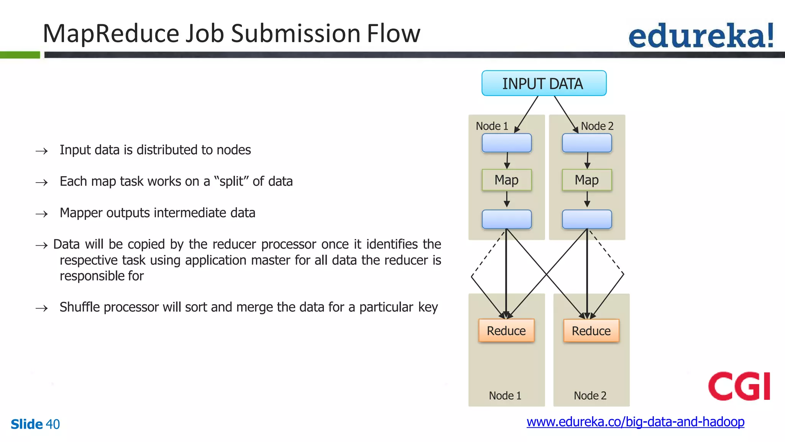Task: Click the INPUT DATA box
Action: [544, 83]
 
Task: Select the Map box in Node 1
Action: [506, 180]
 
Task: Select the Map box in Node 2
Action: [586, 180]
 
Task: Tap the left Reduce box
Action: [506, 330]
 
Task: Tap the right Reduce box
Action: [591, 331]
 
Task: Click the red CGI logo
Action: [739, 386]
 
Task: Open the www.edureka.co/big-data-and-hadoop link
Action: [635, 422]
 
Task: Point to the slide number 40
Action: [53, 424]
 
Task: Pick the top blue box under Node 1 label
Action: [506, 143]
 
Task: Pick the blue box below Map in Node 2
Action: [586, 219]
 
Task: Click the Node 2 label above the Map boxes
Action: [597, 126]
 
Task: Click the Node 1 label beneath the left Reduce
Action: [505, 395]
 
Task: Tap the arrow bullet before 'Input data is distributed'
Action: [42, 151]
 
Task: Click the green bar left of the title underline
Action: [20, 55]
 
